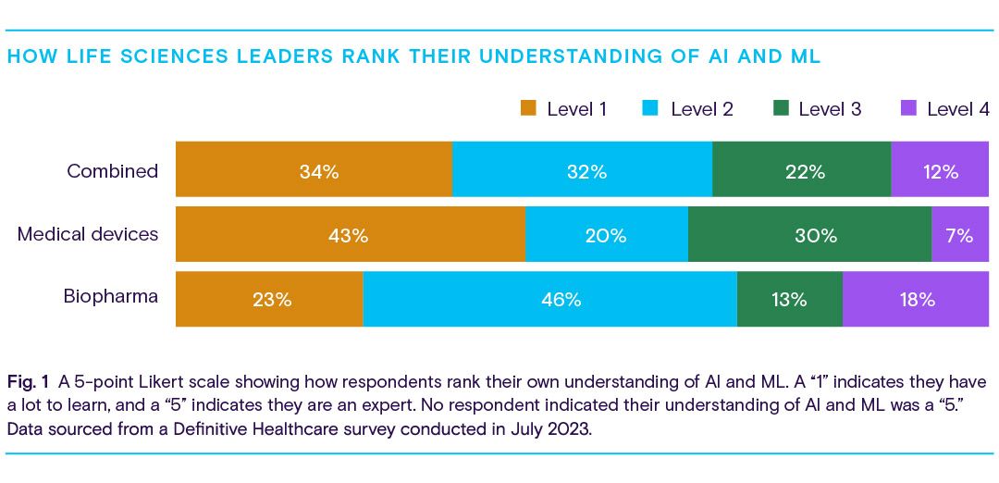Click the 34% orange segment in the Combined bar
tap(314, 170)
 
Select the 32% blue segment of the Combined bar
tap(582, 170)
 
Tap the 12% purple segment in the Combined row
tap(939, 170)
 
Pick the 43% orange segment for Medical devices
tap(350, 235)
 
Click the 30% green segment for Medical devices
tap(809, 235)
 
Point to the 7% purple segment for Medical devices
tap(959, 235)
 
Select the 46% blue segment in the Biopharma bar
tap(549, 299)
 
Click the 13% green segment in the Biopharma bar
tap(789, 299)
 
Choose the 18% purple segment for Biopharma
tap(915, 299)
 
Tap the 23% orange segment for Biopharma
tap(269, 299)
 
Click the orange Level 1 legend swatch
tap(528, 108)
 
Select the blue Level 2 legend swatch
tap(651, 108)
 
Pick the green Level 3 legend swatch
tap(780, 108)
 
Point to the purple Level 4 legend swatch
tap(908, 108)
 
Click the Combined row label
tap(112, 171)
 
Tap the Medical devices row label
tap(88, 234)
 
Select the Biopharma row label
tap(111, 297)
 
